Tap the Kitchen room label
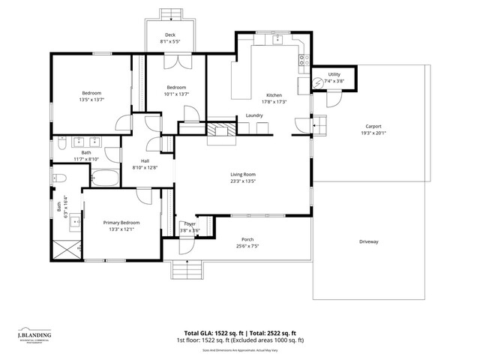point(274,95)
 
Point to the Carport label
point(373,126)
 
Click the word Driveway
point(368,241)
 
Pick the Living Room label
point(243,174)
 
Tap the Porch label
point(247,240)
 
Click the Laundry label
point(253,115)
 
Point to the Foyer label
point(190,223)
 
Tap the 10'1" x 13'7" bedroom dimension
point(176,94)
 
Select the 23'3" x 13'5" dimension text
point(243,181)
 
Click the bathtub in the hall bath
point(105,178)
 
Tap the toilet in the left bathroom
point(61,178)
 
